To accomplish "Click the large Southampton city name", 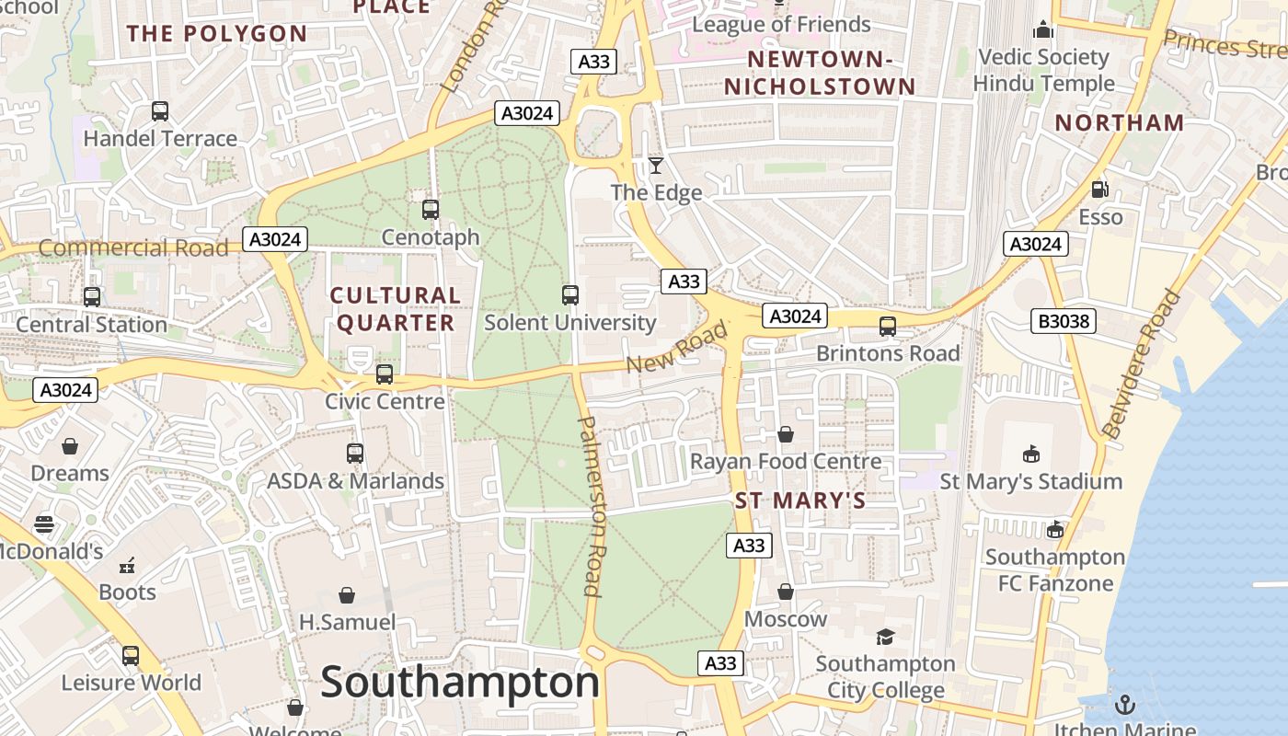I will [x=460, y=683].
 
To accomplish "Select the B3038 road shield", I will [x=1063, y=321].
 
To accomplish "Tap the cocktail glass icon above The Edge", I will [x=655, y=166].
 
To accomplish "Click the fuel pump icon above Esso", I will [x=1099, y=190].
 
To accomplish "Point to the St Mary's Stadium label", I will [x=1030, y=481].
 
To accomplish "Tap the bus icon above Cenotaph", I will [x=431, y=210].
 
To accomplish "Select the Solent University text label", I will [x=569, y=323].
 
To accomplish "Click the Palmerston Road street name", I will [x=590, y=506].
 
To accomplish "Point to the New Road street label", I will [x=676, y=349].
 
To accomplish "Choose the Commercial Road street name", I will [x=133, y=247].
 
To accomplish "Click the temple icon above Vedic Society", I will [x=1042, y=30].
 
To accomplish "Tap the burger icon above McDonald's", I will [x=44, y=524].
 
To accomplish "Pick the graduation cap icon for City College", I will [x=885, y=637].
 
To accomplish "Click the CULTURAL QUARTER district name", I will [x=395, y=309].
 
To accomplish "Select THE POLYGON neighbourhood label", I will [x=217, y=34].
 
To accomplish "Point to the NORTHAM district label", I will [x=1120, y=122].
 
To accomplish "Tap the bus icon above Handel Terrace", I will [x=160, y=111].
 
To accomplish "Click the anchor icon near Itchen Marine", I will [x=1124, y=705].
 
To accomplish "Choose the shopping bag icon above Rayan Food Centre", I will [x=786, y=434].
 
